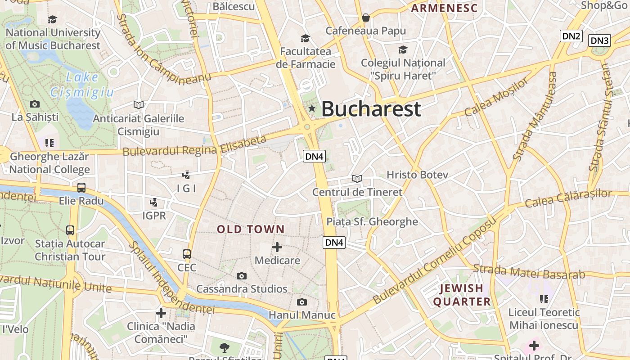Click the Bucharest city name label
(371, 109)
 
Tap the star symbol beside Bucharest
(312, 108)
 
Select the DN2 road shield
(571, 36)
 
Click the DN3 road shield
(599, 40)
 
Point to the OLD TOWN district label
(251, 229)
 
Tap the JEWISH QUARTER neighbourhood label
(462, 295)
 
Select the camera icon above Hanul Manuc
(301, 302)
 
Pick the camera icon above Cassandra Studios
(242, 276)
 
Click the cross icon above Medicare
(277, 247)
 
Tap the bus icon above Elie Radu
(81, 188)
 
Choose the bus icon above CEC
(187, 254)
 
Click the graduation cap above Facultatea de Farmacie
(306, 38)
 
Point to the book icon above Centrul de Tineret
(357, 179)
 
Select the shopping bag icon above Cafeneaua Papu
(366, 18)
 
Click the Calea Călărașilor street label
(568, 198)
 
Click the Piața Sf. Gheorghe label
(372, 221)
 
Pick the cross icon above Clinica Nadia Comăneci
(161, 313)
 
